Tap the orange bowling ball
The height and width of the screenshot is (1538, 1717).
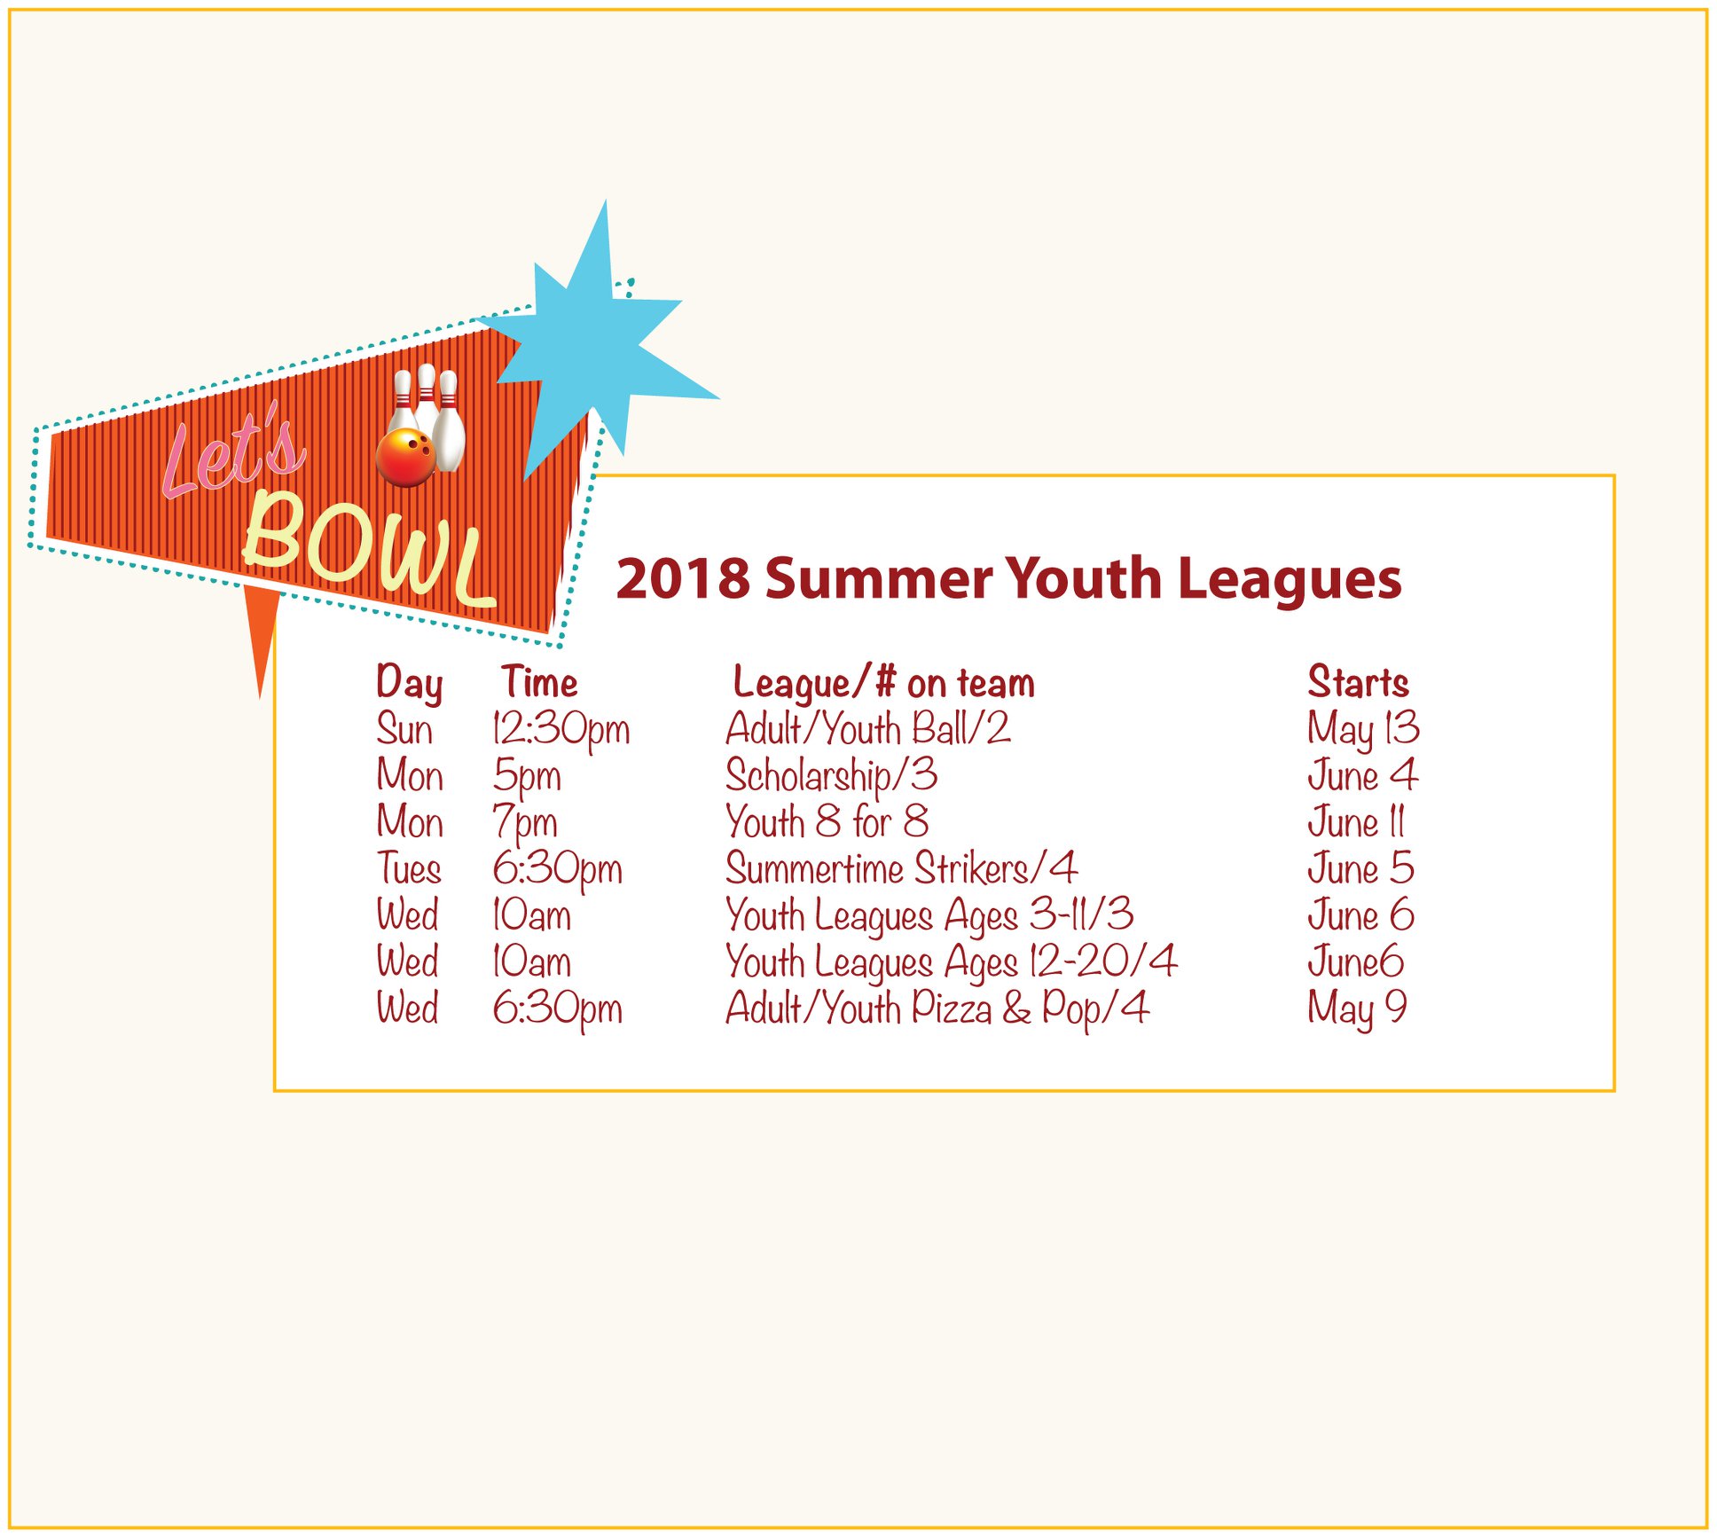tap(405, 457)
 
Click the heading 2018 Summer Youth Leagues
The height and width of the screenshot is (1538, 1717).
tap(1008, 578)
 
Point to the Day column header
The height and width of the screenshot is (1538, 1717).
tap(409, 684)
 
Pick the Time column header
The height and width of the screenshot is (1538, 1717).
tap(539, 682)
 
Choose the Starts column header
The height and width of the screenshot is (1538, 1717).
tap(1358, 682)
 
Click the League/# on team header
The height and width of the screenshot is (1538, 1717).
tap(883, 683)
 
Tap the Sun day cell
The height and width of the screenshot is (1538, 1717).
tap(404, 729)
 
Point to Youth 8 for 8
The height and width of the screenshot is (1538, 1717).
tap(827, 821)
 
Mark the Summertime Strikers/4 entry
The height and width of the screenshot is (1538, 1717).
tap(901, 868)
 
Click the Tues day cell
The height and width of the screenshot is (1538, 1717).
tap(409, 868)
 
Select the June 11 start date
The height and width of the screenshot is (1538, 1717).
tap(1356, 822)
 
